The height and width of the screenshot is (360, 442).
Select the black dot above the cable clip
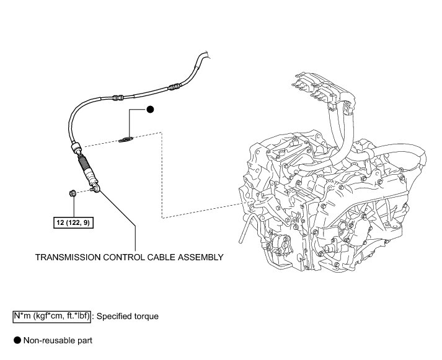(150, 110)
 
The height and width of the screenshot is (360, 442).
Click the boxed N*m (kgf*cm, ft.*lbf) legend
(51, 316)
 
